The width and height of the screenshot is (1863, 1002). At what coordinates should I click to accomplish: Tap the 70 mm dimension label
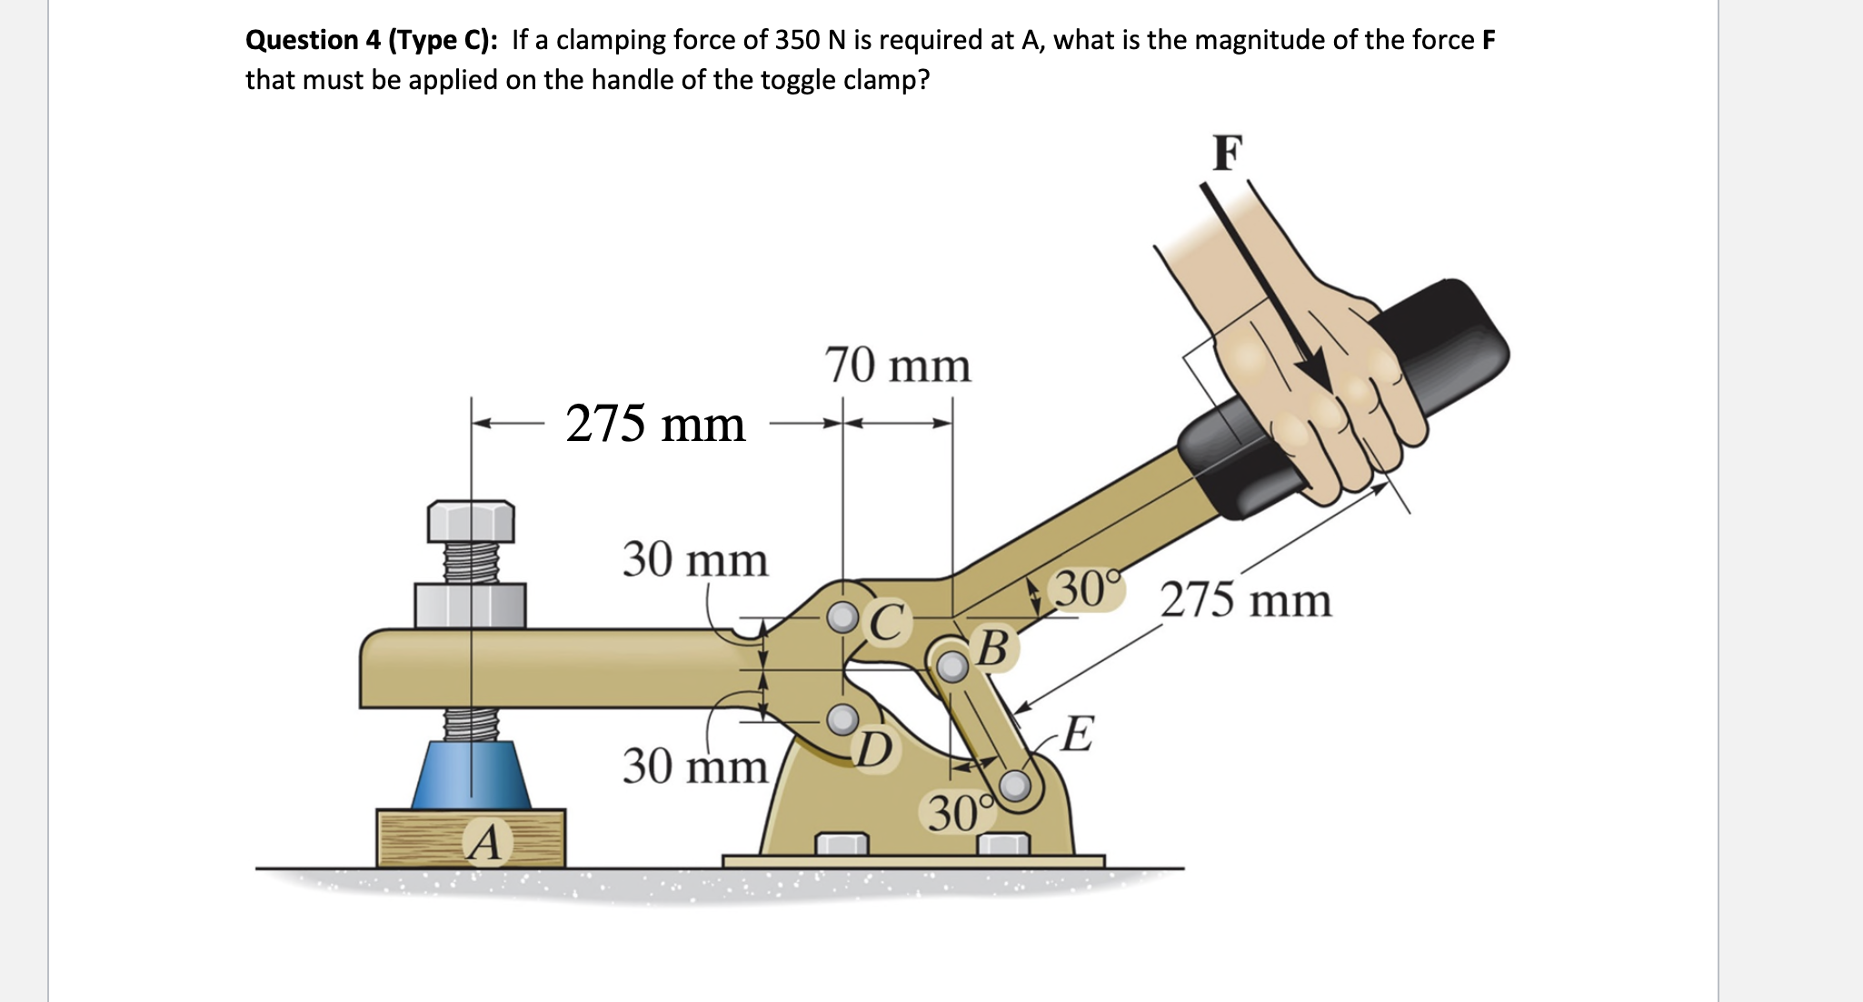(x=898, y=366)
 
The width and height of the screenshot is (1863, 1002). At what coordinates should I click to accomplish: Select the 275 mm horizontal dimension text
(x=655, y=424)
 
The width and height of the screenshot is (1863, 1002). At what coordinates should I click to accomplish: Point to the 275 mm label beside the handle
(x=1246, y=601)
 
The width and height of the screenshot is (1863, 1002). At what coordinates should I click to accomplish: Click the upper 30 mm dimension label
(x=695, y=559)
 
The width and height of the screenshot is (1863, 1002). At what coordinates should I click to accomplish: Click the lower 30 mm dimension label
(x=695, y=766)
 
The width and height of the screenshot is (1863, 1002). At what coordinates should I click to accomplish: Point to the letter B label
(x=993, y=648)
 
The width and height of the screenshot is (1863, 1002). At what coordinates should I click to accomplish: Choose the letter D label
(x=875, y=749)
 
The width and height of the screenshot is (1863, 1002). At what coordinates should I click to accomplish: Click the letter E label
(x=1077, y=734)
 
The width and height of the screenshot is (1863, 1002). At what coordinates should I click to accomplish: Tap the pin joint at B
(x=951, y=666)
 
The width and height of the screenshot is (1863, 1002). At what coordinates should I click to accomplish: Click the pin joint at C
(x=843, y=618)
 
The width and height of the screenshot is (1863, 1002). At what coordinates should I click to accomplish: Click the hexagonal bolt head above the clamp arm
(x=471, y=520)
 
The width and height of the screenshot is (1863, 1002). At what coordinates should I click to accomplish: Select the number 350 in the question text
(x=796, y=40)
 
